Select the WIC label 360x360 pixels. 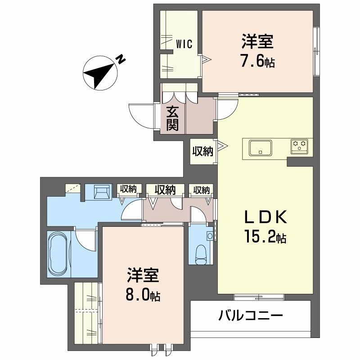184,44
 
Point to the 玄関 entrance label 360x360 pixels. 172,118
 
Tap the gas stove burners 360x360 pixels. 300,145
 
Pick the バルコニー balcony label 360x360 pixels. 251,315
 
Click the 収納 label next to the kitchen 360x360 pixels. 202,152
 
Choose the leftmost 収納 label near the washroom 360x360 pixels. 128,189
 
